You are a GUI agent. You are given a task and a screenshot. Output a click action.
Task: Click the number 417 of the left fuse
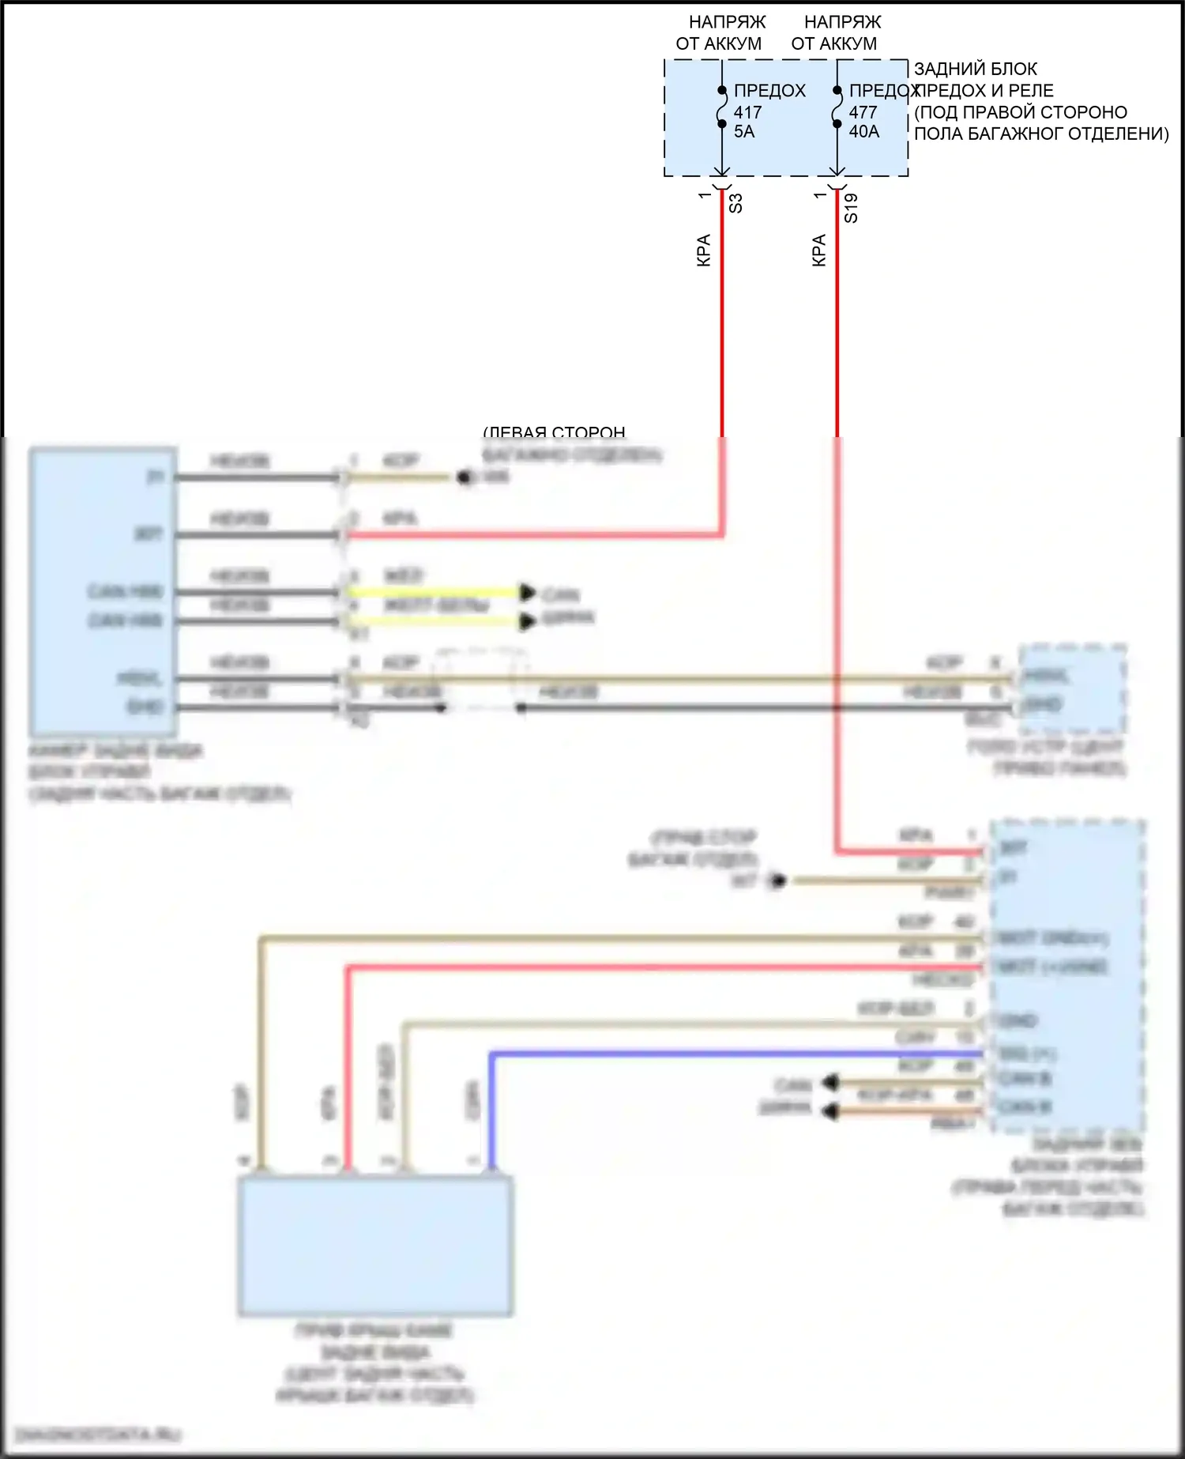click(747, 112)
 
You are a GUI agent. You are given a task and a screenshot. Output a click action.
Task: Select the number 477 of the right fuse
click(863, 112)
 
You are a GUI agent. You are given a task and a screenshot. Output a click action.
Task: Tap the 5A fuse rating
click(744, 132)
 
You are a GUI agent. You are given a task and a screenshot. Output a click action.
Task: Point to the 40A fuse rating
click(863, 132)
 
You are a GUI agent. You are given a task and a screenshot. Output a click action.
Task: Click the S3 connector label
click(735, 203)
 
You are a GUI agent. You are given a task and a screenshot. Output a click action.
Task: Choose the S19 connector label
click(851, 208)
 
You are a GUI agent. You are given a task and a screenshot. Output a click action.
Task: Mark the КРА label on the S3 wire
click(704, 250)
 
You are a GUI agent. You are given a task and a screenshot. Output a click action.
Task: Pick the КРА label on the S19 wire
click(819, 250)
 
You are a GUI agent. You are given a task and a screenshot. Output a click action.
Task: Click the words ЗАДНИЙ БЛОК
click(976, 69)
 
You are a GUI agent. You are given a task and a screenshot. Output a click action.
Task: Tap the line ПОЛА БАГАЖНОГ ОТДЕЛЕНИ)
click(1041, 134)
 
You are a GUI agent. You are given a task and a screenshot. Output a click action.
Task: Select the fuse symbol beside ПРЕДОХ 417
click(721, 107)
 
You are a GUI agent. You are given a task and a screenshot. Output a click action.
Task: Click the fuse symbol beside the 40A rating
click(837, 107)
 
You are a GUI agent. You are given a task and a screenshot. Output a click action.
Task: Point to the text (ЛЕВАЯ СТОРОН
click(555, 432)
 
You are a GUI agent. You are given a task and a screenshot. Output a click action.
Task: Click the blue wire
click(711, 1054)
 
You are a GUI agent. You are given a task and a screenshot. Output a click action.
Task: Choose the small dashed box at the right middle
click(1072, 689)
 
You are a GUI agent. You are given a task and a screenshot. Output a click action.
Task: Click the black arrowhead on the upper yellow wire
click(527, 592)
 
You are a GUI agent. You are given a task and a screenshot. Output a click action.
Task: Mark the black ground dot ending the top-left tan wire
click(465, 477)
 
